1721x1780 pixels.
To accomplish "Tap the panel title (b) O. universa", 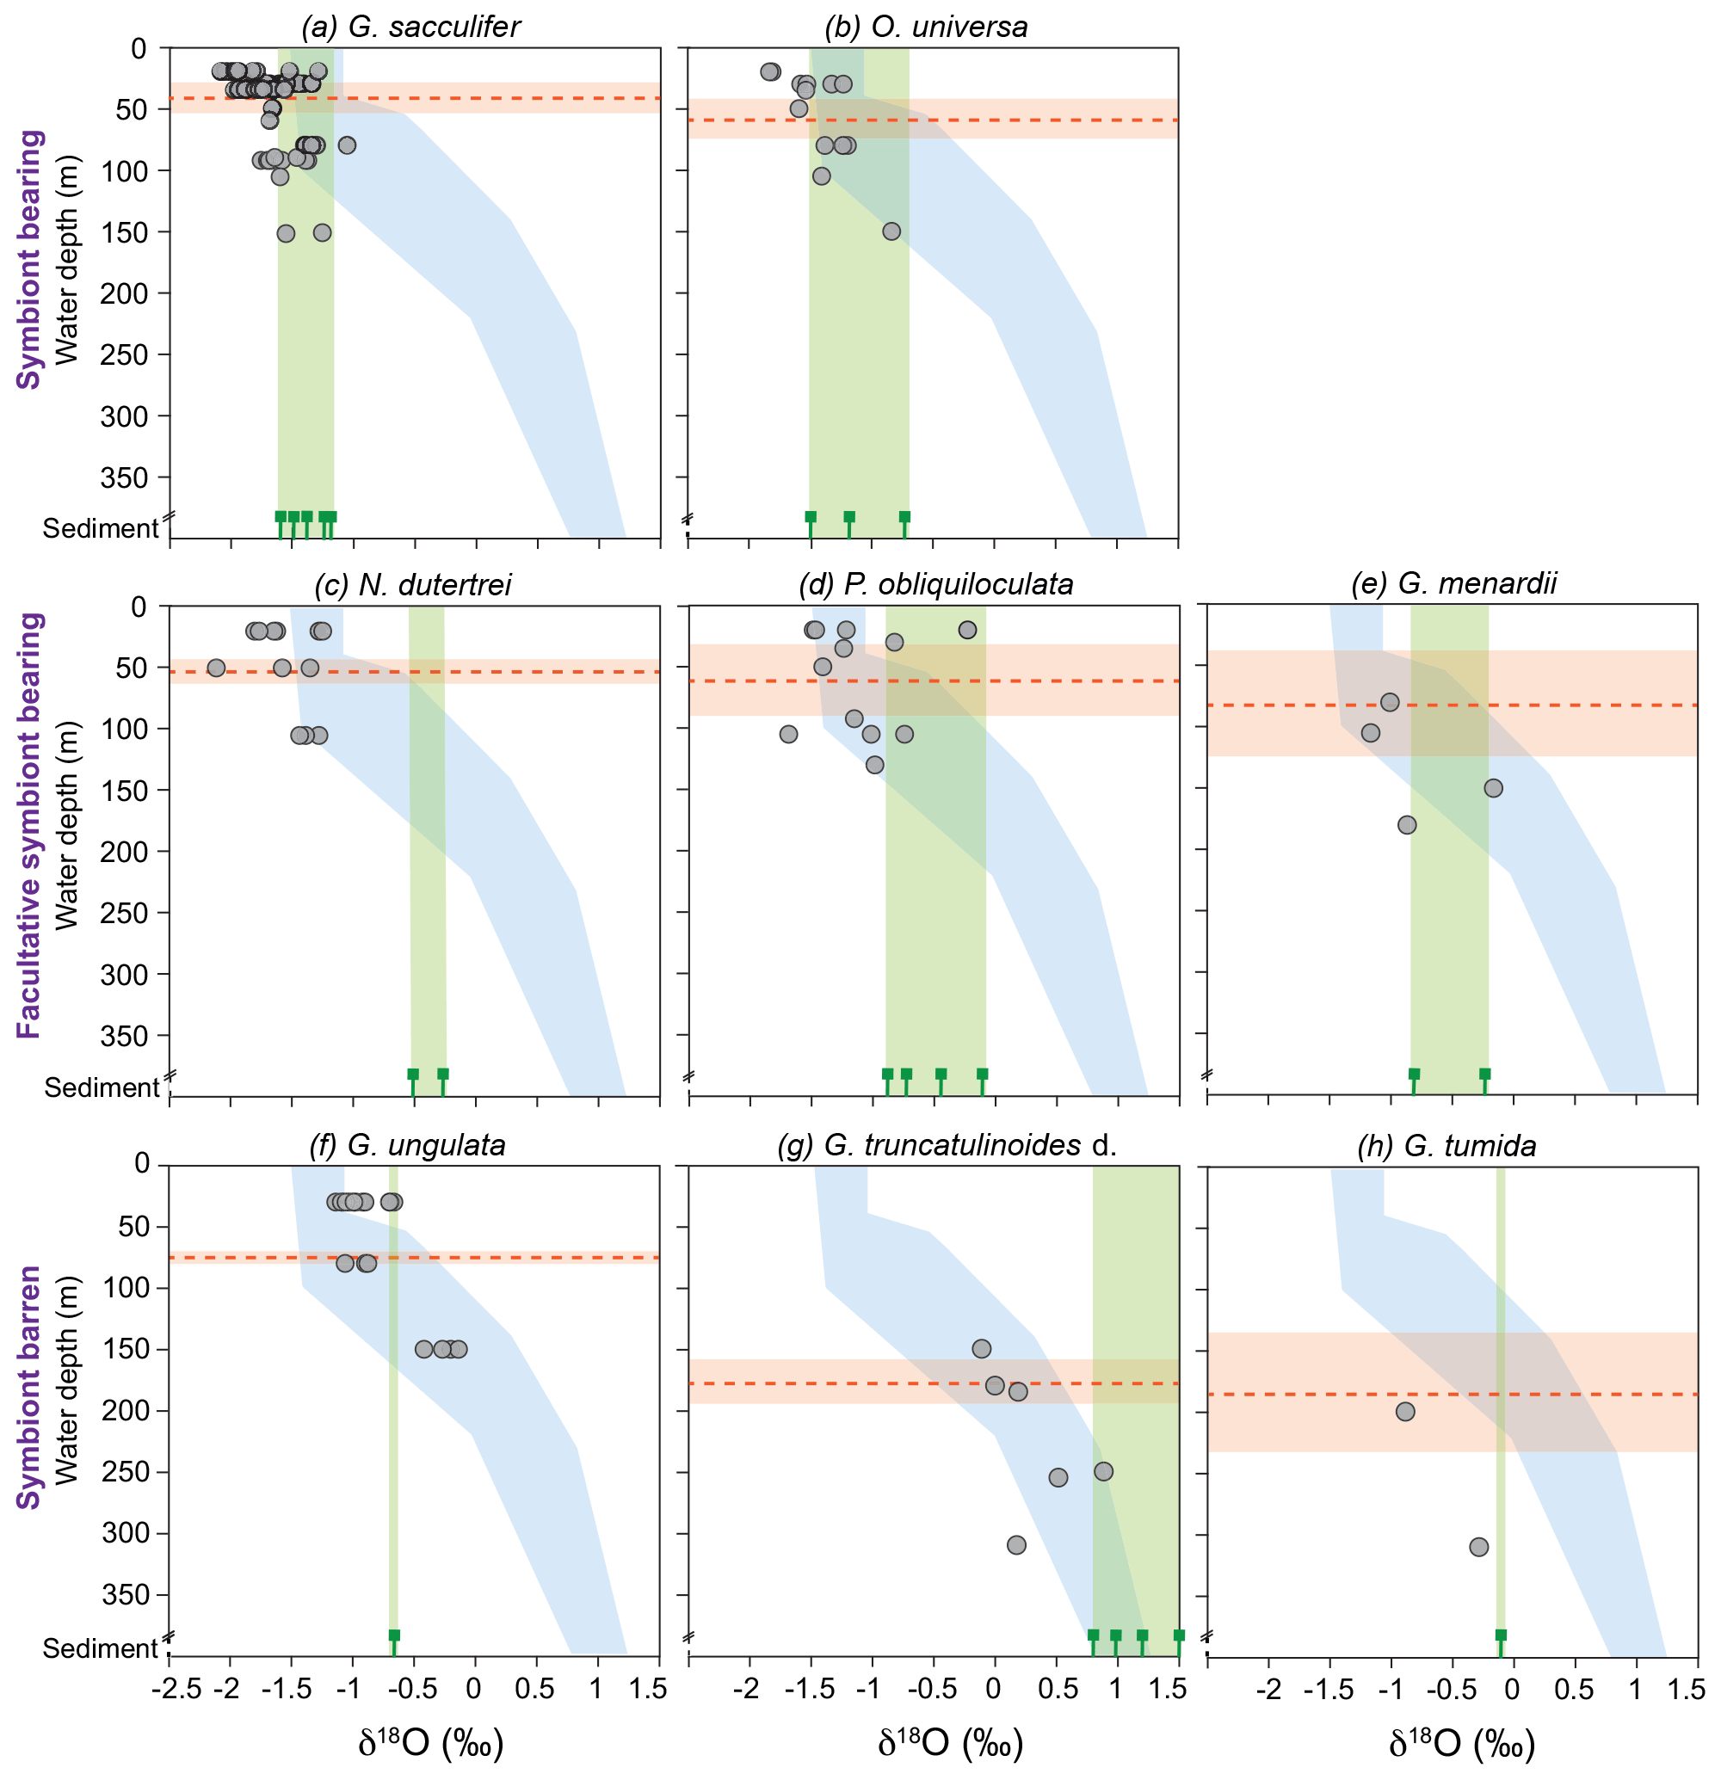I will click(927, 27).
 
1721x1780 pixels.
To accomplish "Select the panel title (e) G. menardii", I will click(1453, 583).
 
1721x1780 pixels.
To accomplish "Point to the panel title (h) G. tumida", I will click(1447, 1145).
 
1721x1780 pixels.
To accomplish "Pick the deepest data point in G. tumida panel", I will click(1478, 1547).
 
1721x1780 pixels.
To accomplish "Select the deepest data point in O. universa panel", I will click(891, 231).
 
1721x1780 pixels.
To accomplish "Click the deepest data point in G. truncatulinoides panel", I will click(1016, 1545).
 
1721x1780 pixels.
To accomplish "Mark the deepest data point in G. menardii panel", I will click(1407, 824).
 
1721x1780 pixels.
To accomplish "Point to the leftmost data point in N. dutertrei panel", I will click(216, 668).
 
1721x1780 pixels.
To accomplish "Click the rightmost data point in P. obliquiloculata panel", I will click(967, 630).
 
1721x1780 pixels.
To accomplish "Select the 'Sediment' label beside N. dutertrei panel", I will click(102, 1087).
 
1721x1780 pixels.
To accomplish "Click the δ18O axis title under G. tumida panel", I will click(1461, 1743).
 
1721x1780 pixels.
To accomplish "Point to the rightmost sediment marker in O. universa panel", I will click(904, 518).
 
